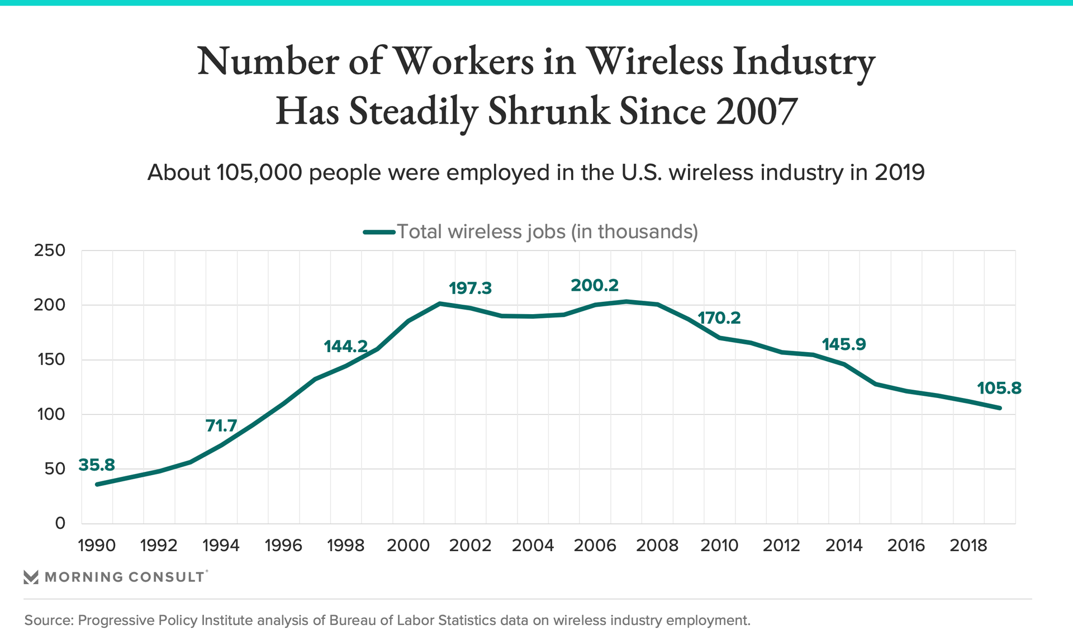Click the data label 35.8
coord(97,465)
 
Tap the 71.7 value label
coord(221,426)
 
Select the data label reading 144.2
coord(346,347)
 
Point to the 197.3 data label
coord(470,288)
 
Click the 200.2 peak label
coord(595,285)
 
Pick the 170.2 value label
coord(719,318)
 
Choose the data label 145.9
coord(844,344)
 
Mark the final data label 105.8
coord(999,388)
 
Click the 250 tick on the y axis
coord(50,250)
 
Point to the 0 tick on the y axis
coord(60,524)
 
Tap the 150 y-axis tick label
coord(50,359)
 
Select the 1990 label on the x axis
coord(97,545)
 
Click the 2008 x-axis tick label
coord(657,545)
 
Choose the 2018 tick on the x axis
coord(968,545)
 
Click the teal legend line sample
coord(379,232)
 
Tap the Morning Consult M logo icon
coord(31,577)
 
